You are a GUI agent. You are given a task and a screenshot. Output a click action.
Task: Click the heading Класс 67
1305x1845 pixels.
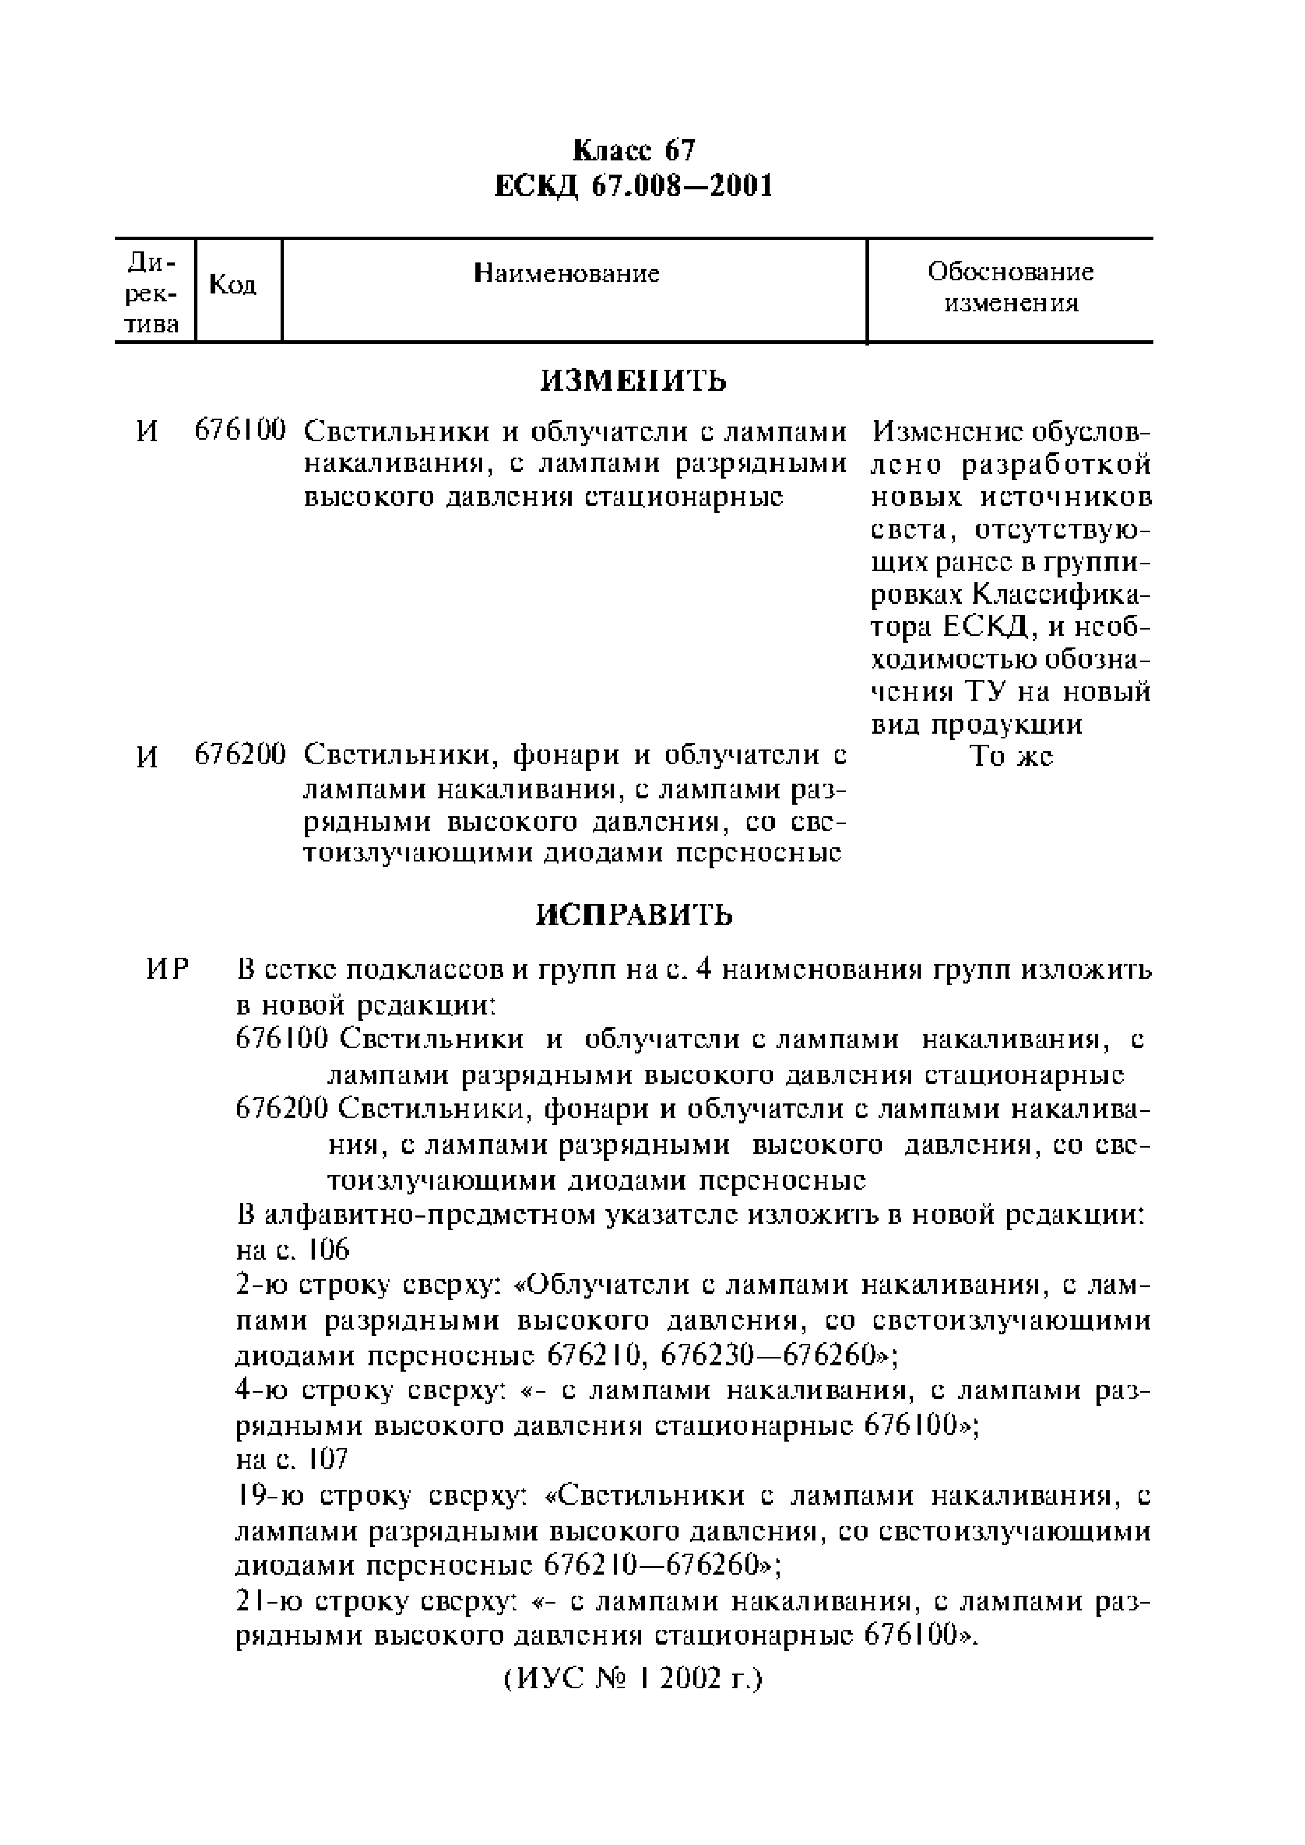pyautogui.click(x=634, y=151)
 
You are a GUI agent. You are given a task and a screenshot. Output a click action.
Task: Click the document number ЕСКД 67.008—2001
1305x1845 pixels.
pyautogui.click(x=634, y=186)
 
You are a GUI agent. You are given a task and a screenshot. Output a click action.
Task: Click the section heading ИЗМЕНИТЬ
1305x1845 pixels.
pyautogui.click(x=634, y=380)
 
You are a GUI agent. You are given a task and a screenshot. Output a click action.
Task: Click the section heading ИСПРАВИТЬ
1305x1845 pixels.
pyautogui.click(x=634, y=915)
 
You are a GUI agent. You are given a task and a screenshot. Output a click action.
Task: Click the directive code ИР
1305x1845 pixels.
pyautogui.click(x=167, y=971)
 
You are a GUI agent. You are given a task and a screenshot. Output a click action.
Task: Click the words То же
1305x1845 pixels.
pyautogui.click(x=1011, y=756)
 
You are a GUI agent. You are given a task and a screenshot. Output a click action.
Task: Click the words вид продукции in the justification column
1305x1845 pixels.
pyautogui.click(x=977, y=725)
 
